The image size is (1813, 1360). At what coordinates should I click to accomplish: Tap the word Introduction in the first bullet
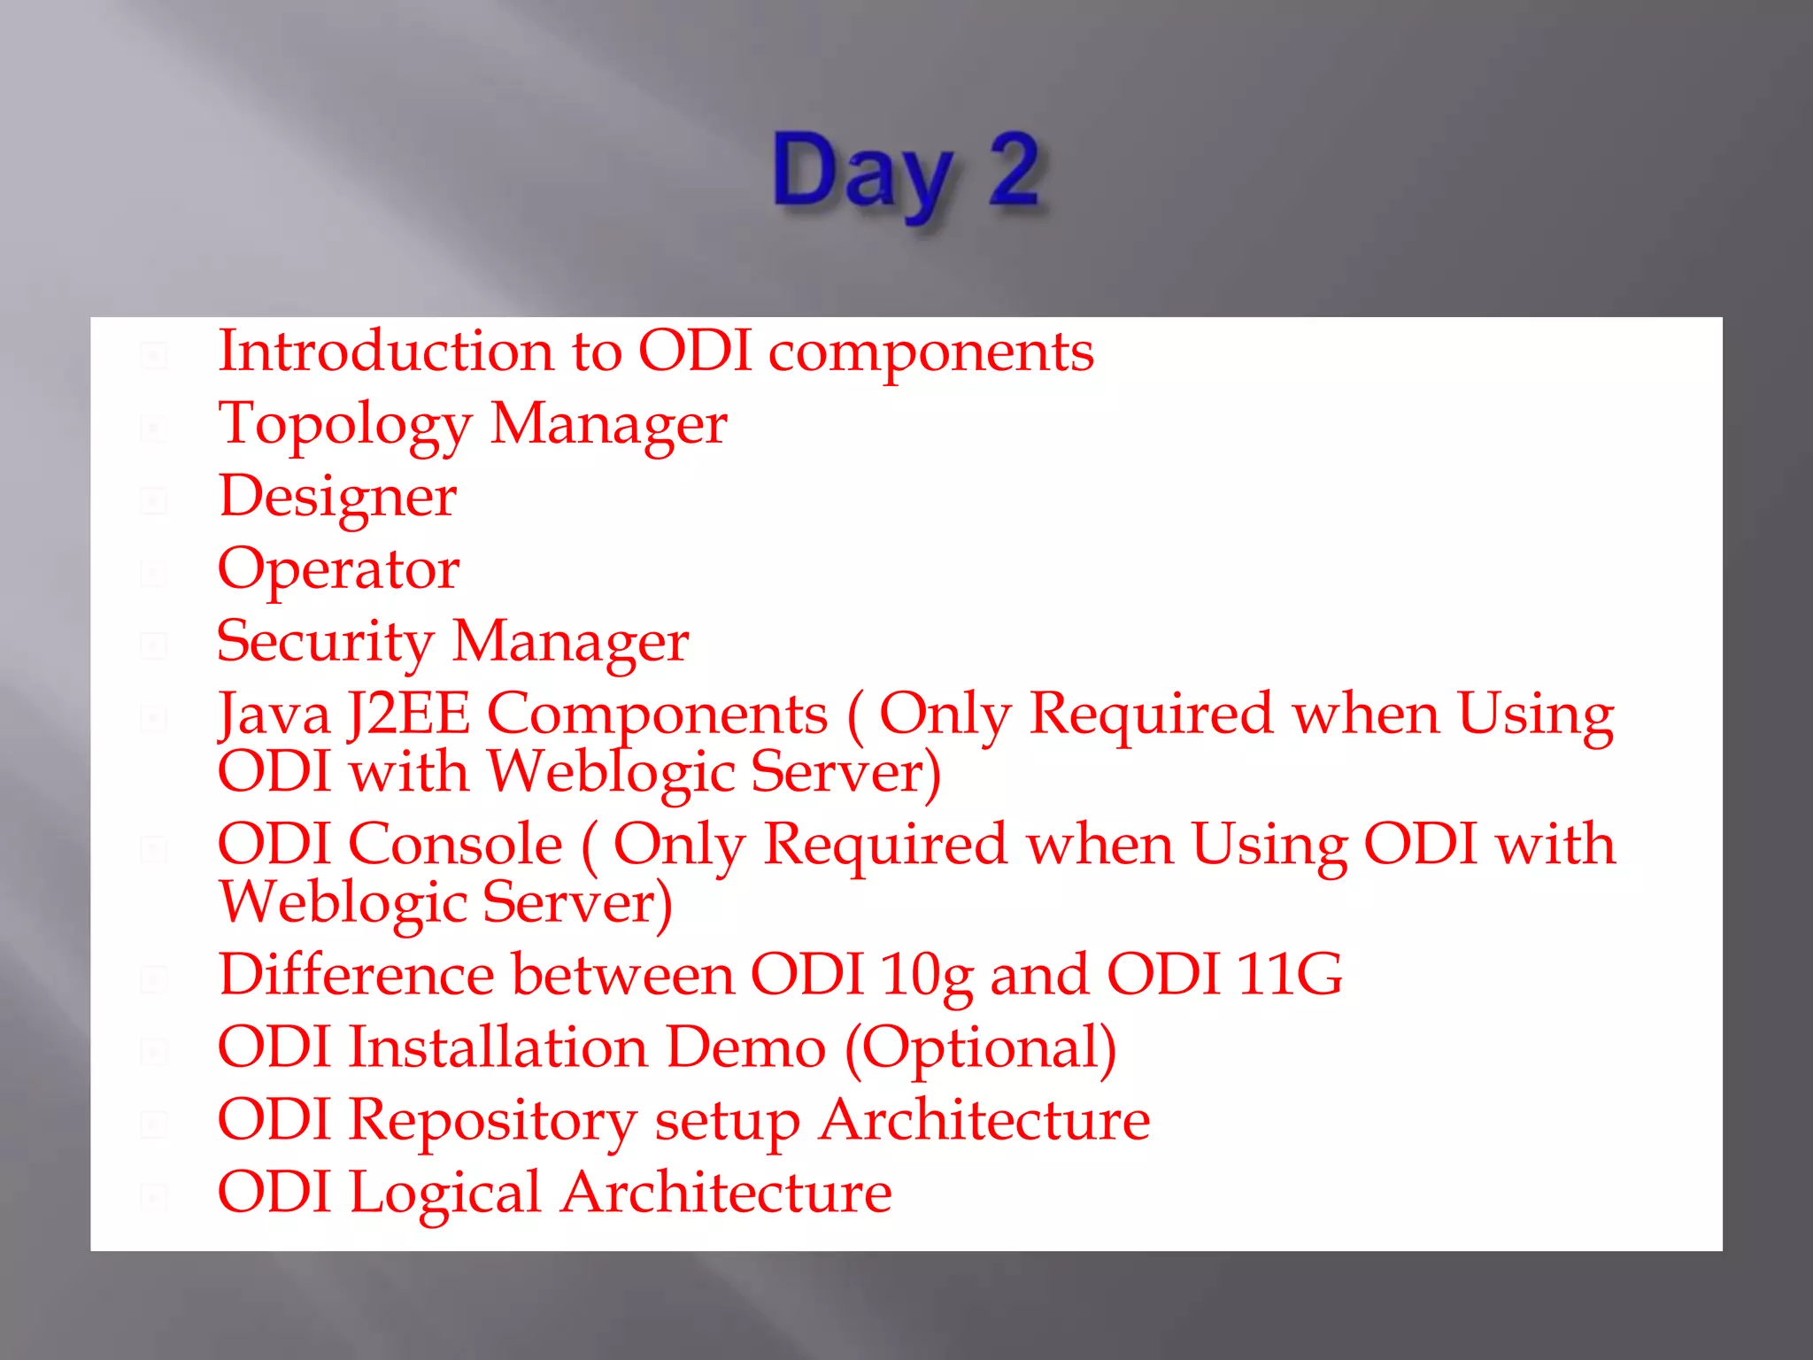tap(386, 352)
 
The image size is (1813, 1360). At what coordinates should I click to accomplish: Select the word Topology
tap(345, 426)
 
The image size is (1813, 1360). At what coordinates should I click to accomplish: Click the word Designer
tap(337, 498)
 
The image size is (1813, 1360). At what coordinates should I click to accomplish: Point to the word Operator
tap(338, 569)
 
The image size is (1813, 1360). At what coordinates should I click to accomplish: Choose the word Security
tap(326, 643)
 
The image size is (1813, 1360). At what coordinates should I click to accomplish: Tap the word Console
tap(455, 844)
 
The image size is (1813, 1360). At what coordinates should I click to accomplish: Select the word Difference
tap(356, 975)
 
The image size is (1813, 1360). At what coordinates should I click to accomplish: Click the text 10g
tap(926, 977)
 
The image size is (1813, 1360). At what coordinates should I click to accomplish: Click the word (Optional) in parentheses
tap(981, 1049)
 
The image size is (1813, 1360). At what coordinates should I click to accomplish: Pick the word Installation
tap(498, 1047)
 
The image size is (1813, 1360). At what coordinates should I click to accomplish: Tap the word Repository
tap(492, 1122)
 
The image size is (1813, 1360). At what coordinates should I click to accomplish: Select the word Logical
tap(444, 1194)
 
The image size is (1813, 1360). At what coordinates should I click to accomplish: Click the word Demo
tap(745, 1047)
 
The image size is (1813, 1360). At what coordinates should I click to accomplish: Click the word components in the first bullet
tap(930, 353)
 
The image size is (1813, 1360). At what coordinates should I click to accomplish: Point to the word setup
tap(727, 1122)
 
